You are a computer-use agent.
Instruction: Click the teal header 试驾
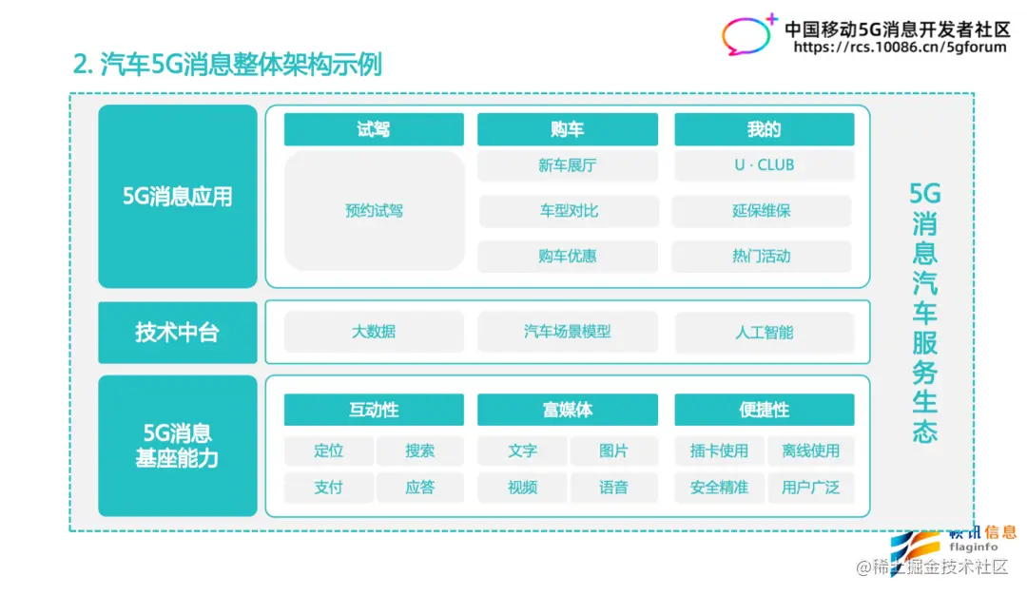click(374, 129)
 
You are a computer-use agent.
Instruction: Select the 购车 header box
click(567, 129)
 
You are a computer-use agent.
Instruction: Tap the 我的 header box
click(764, 129)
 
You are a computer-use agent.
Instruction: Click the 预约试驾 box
click(374, 210)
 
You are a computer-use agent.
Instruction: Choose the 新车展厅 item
click(567, 165)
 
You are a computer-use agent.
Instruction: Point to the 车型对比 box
click(568, 211)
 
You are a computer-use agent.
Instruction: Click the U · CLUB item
click(764, 165)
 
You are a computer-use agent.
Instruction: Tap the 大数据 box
click(374, 332)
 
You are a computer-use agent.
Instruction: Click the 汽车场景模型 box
click(567, 332)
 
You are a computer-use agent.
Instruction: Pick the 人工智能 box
click(764, 333)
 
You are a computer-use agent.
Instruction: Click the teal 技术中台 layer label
click(178, 333)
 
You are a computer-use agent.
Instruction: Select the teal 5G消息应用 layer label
click(178, 197)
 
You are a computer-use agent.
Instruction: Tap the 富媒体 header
click(567, 410)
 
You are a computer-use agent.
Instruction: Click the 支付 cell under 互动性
click(328, 488)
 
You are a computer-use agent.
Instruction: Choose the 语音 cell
click(613, 488)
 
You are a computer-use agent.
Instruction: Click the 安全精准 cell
click(719, 488)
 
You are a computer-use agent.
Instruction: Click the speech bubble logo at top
click(749, 34)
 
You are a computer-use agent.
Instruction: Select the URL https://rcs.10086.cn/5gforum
click(899, 48)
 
